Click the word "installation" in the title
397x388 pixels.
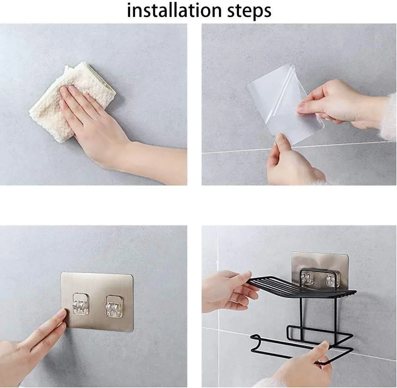tap(174, 10)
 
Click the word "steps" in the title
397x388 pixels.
tap(249, 11)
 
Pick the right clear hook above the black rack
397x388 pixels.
tap(332, 280)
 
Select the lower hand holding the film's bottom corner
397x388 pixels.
tap(291, 162)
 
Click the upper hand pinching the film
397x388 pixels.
tap(342, 104)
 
